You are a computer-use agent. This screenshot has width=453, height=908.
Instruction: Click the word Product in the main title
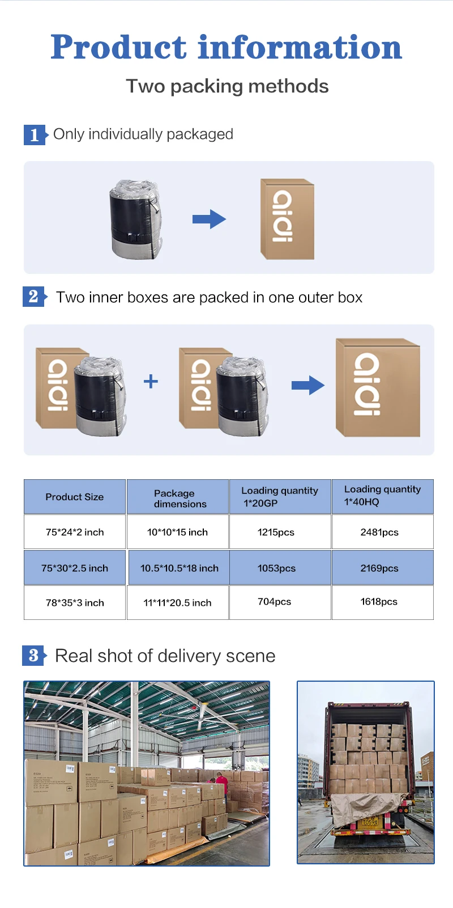118,47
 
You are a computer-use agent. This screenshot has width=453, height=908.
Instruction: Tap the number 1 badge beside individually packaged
34,135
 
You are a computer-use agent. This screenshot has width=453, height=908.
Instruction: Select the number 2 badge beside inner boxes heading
33,297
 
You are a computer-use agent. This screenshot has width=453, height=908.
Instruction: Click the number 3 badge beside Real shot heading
33,656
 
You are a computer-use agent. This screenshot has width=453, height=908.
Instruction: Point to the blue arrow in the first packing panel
209,219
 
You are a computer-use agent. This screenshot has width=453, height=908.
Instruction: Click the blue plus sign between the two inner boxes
151,381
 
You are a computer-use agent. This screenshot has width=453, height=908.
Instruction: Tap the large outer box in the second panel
378,387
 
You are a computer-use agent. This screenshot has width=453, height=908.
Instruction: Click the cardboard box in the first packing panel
287,219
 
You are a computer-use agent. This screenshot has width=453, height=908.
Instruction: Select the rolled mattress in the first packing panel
135,219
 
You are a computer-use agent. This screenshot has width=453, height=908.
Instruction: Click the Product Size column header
75,497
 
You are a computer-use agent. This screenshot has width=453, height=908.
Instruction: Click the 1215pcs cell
276,532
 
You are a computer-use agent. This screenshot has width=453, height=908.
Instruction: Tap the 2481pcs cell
379,532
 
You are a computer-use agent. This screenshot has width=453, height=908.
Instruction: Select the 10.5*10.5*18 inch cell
179,568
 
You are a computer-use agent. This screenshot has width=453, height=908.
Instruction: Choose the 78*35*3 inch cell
75,603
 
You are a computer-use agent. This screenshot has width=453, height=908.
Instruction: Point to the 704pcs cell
275,602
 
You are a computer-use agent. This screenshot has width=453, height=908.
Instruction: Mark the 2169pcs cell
379,568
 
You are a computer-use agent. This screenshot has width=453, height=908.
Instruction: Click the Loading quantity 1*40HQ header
382,496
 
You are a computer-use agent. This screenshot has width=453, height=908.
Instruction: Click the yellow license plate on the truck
369,822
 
